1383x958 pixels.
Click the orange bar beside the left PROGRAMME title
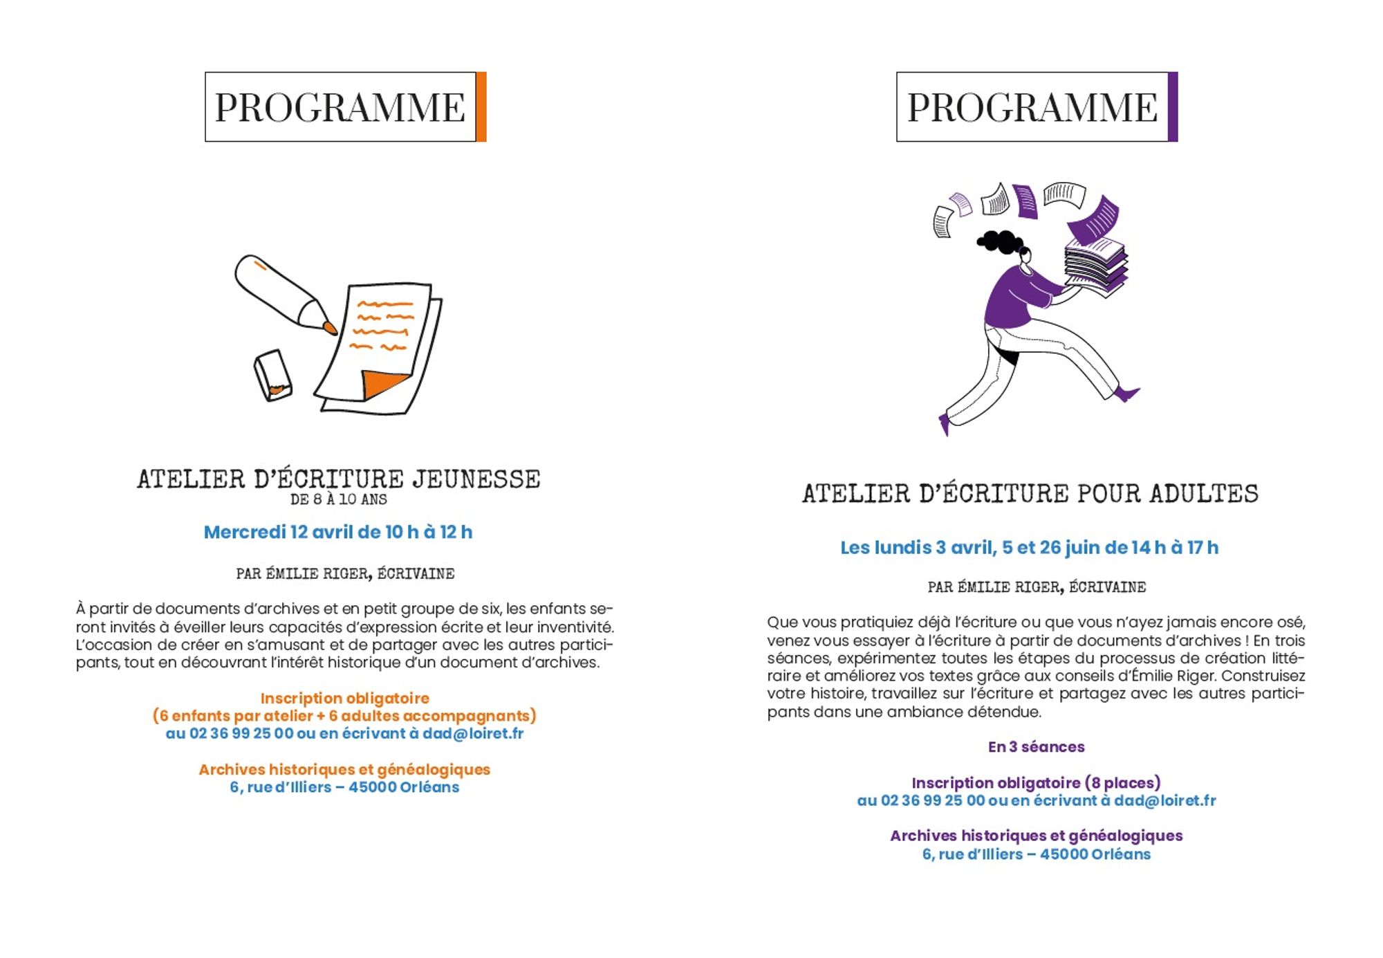481,107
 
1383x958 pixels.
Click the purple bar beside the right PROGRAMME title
1172,107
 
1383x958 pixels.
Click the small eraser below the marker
272,376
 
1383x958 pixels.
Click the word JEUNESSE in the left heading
476,479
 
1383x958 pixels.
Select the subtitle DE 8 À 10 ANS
339,499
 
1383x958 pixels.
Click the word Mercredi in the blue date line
244,532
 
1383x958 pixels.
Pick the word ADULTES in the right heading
1204,494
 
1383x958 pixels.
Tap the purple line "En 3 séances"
1036,747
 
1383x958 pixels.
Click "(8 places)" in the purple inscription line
1122,783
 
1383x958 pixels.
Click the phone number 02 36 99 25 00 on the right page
933,801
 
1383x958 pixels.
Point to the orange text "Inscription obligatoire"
344,699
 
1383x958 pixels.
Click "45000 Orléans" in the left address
404,787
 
